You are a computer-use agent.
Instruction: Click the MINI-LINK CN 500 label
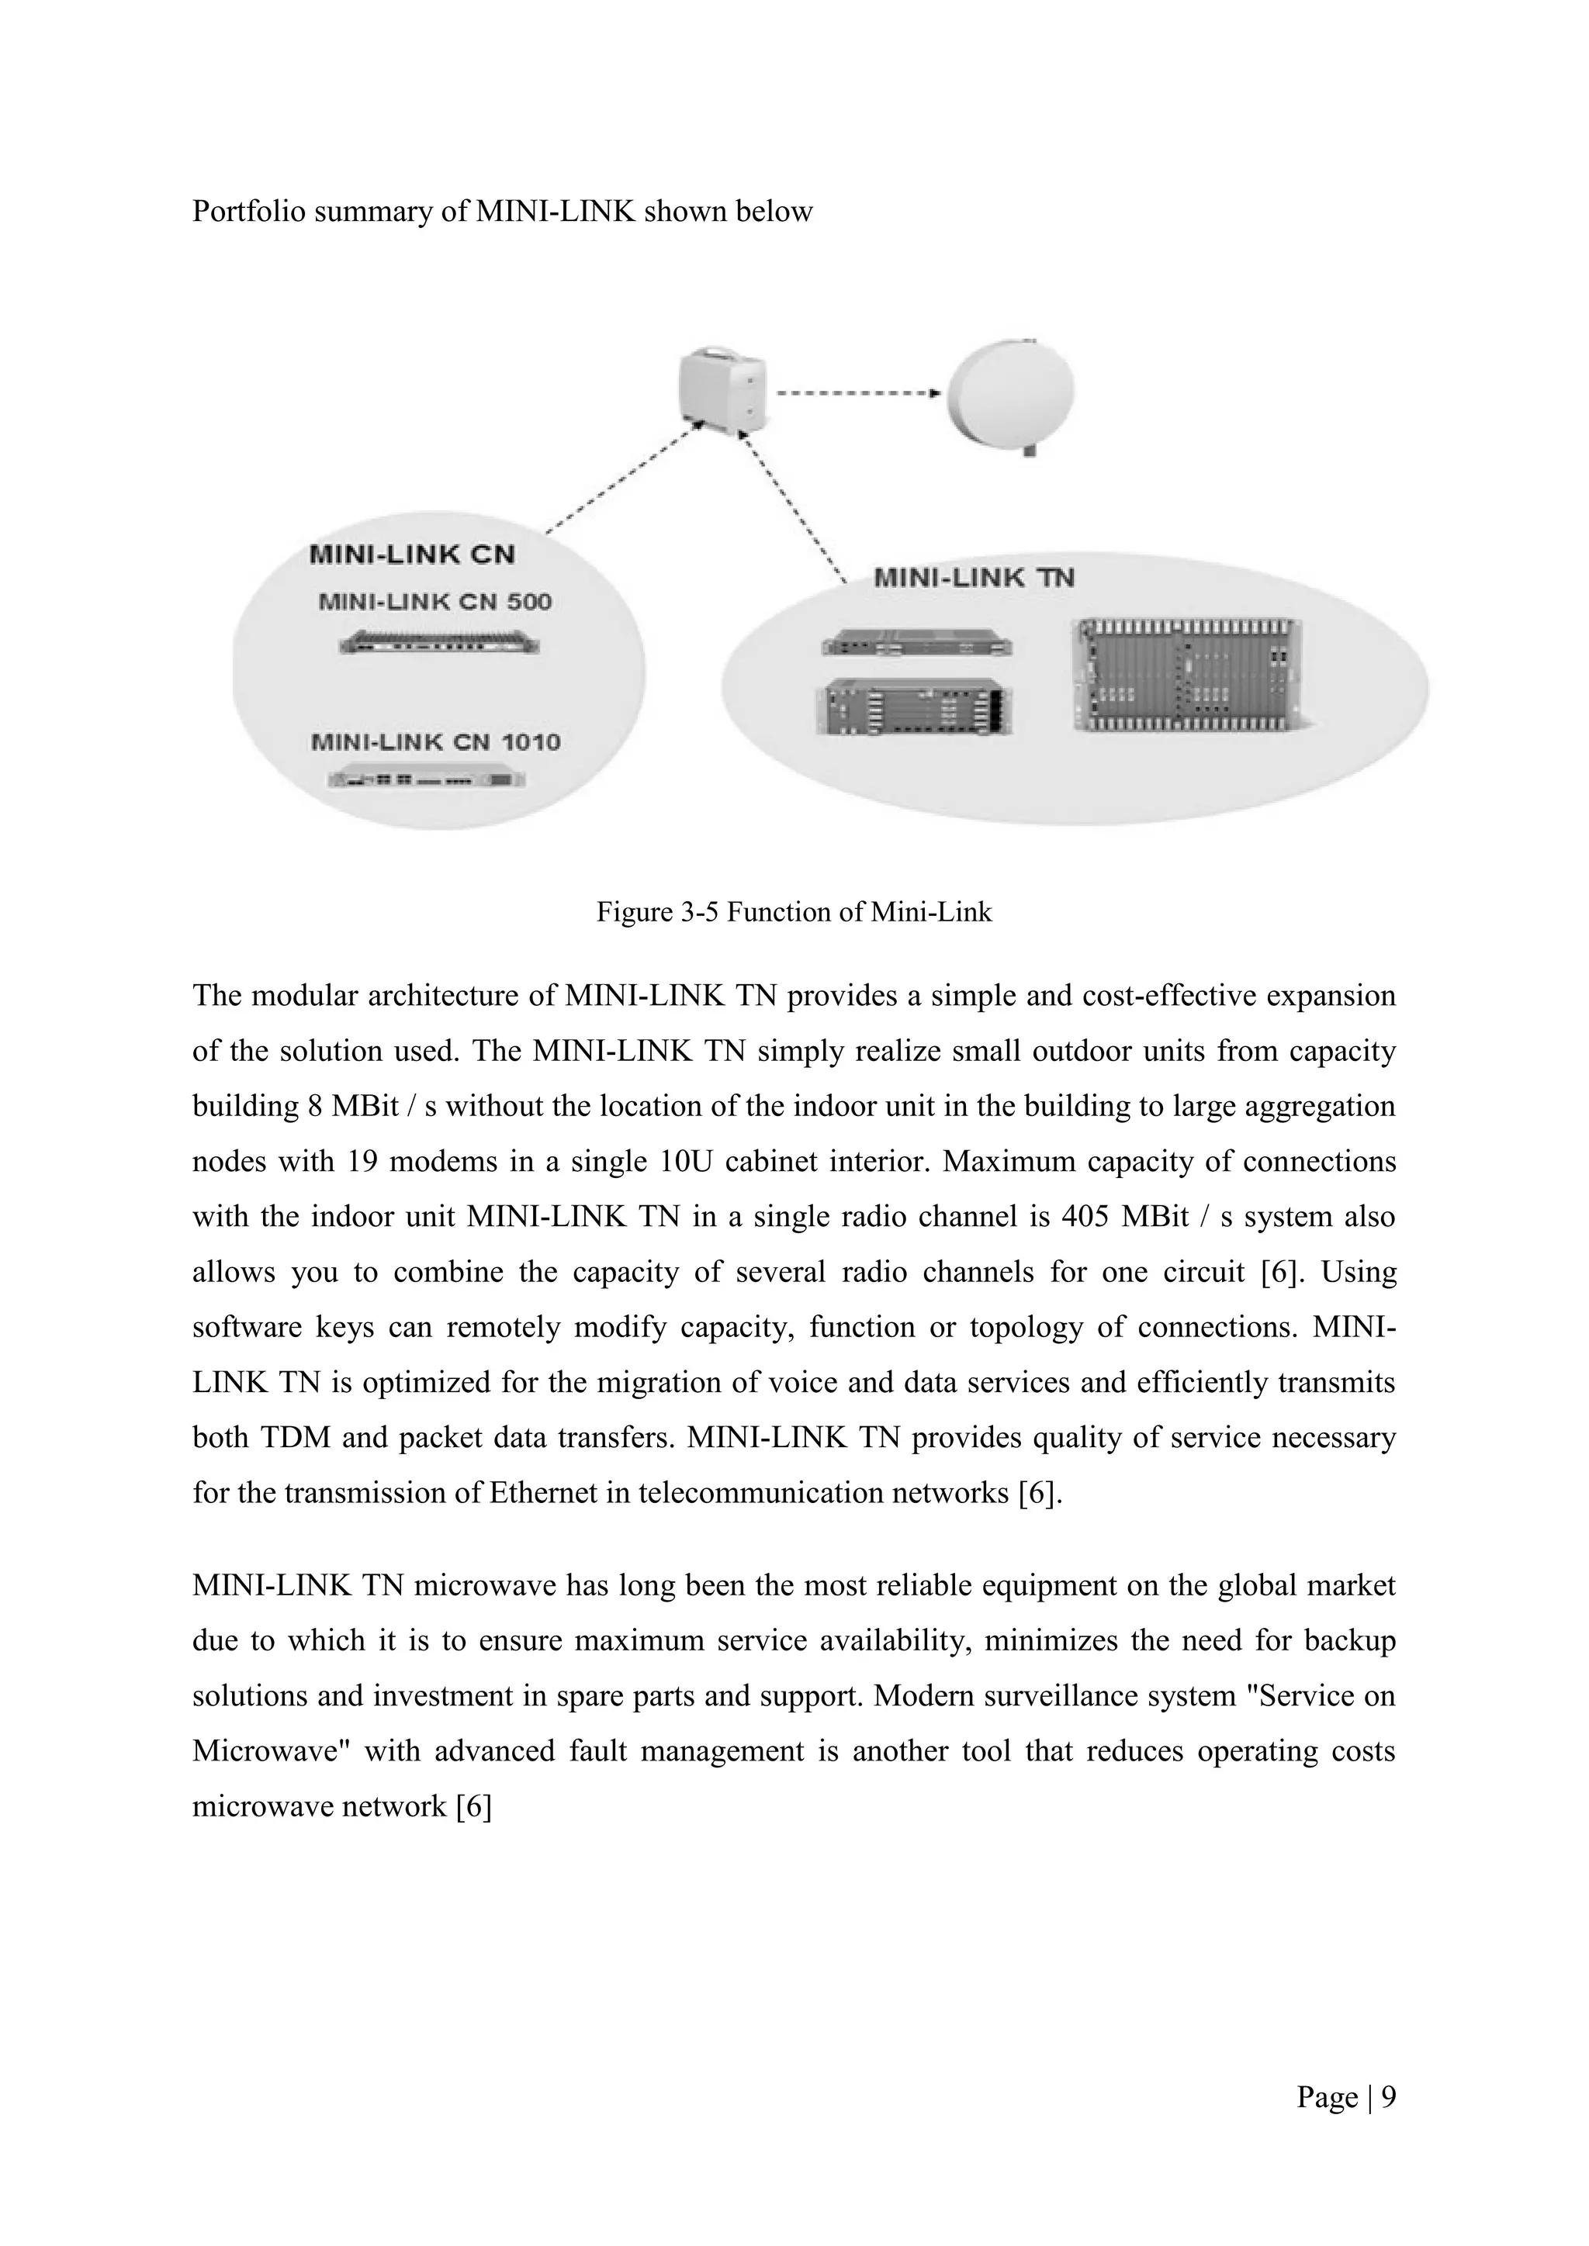click(x=435, y=602)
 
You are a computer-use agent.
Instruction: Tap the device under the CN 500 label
click(x=439, y=644)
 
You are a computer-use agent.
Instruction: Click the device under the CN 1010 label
click(x=427, y=779)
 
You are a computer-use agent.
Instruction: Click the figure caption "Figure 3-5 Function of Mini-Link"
click(x=794, y=913)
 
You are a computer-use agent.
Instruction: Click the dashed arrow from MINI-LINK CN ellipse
click(x=621, y=479)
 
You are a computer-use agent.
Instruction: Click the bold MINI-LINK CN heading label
click(x=412, y=555)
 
